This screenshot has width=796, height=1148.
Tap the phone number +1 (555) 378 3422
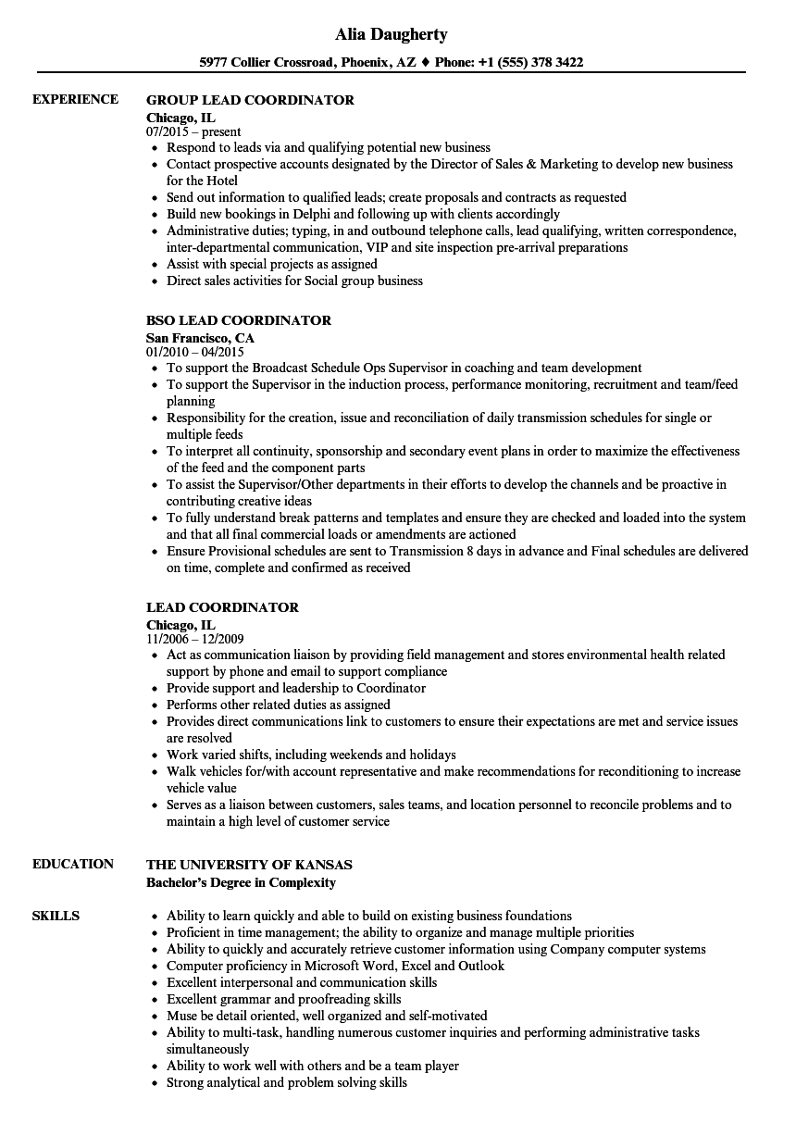[530, 63]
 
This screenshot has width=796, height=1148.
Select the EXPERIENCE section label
[75, 100]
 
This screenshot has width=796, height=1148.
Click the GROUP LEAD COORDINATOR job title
[250, 100]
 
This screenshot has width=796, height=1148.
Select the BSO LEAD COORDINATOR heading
[239, 320]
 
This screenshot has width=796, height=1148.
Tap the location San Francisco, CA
[200, 338]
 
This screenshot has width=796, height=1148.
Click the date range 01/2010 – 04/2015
[194, 353]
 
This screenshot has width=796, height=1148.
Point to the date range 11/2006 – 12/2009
[194, 640]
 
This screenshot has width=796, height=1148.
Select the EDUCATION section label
[73, 864]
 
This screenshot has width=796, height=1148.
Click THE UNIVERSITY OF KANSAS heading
[249, 865]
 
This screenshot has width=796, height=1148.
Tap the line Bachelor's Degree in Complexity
[241, 882]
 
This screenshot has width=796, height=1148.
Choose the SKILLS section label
[56, 917]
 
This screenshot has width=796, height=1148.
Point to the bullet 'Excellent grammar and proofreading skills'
[283, 999]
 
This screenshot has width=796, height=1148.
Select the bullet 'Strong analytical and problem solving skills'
[286, 1082]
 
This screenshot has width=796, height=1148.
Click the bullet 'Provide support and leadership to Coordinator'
[295, 688]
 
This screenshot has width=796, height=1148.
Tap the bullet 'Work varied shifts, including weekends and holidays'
[310, 755]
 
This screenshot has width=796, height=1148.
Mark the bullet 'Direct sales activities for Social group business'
[293, 281]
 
